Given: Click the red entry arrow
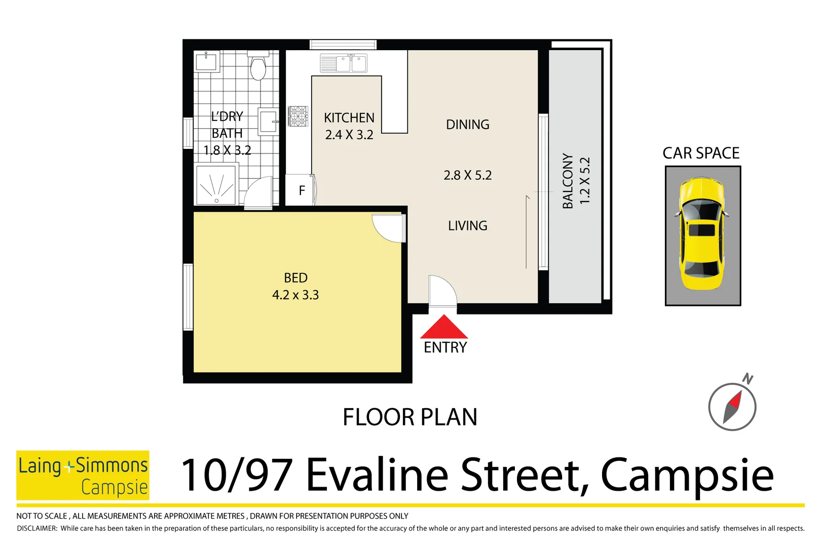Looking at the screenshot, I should coord(444,328).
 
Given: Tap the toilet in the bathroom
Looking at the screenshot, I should coord(258,66).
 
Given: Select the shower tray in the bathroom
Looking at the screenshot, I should coord(216,185).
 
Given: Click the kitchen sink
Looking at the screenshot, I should coord(344,64).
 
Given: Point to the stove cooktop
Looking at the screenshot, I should coord(298,116).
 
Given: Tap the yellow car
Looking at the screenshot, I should coord(702,233).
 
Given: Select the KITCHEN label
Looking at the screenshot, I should coord(349,118).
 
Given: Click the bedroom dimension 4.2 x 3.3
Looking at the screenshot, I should coord(295,295).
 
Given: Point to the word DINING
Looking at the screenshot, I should coord(467,125).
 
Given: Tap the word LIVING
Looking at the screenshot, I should coord(467,226).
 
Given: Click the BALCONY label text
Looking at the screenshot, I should coord(568,181).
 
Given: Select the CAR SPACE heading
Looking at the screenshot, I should coord(701,153).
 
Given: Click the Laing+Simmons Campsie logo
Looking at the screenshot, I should coord(83,475).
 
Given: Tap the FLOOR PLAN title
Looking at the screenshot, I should coord(409,417).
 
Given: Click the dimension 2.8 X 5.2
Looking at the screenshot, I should coord(467,175).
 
